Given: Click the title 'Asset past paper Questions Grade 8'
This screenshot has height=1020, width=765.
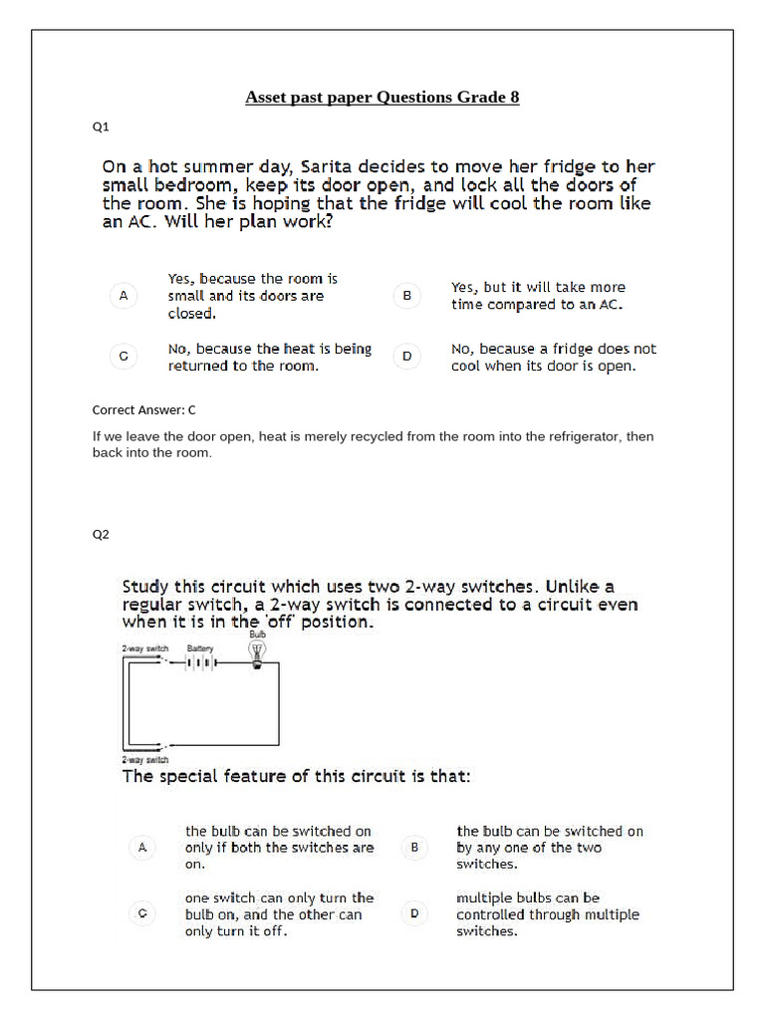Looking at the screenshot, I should (x=382, y=98).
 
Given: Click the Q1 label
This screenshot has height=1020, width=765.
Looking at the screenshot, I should (x=101, y=127).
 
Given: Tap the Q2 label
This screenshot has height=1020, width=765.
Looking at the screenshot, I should (x=101, y=534).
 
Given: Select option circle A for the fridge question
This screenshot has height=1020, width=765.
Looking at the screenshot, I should (x=123, y=296).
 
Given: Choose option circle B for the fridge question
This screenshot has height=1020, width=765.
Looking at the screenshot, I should (x=406, y=296).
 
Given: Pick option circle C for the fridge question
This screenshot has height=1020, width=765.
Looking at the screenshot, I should (x=123, y=356).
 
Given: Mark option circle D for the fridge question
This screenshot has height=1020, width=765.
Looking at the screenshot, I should (x=406, y=356).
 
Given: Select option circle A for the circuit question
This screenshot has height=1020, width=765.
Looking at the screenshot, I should (x=142, y=848).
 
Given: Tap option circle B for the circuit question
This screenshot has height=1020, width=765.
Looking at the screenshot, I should (x=414, y=848).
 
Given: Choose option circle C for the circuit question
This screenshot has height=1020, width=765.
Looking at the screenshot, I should (x=142, y=913).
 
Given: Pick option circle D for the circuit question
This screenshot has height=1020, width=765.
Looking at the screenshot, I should (x=414, y=913).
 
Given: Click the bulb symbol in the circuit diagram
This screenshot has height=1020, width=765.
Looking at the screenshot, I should (x=258, y=653).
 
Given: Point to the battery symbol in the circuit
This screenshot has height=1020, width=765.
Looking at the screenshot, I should (x=200, y=662).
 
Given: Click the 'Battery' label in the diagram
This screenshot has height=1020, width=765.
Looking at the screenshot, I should (x=200, y=647).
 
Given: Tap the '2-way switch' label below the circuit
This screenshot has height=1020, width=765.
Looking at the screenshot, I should (x=144, y=759).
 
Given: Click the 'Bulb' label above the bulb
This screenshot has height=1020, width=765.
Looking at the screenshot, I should (x=257, y=633).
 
